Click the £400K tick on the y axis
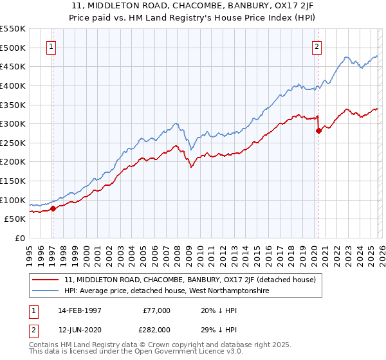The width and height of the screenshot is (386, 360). [13, 85]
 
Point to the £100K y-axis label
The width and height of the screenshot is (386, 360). [13, 200]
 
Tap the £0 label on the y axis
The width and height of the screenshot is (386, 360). [19, 239]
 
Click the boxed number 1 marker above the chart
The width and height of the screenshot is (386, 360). [51, 46]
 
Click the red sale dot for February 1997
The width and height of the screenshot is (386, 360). [53, 208]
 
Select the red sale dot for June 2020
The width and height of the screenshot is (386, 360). [318, 130]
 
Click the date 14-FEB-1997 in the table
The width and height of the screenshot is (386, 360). [80, 310]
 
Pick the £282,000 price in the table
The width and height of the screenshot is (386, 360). [156, 329]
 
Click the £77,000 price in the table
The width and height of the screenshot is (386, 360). [156, 310]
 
